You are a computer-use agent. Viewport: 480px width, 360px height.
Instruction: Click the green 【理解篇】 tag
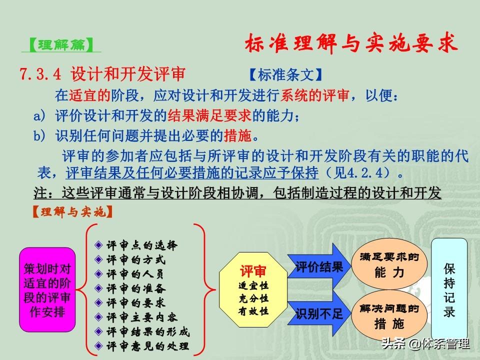(61, 45)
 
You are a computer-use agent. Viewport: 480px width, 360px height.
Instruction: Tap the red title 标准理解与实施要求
(351, 43)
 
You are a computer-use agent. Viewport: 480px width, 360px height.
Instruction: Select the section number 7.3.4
(40, 74)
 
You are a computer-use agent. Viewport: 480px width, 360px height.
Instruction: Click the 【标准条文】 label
(285, 74)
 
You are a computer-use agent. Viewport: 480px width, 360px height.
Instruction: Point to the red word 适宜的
(89, 95)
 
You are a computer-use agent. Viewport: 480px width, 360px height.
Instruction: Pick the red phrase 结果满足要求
(209, 115)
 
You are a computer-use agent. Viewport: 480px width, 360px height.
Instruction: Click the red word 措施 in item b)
(237, 135)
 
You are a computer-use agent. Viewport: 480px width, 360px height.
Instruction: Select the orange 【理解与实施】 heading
(72, 212)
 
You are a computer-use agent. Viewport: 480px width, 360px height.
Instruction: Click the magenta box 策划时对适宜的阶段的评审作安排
(47, 290)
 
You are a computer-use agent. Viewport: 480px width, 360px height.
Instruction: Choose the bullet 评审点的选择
(136, 245)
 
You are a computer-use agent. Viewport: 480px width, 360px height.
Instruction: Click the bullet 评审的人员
(129, 274)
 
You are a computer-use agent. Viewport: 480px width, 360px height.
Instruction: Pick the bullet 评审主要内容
(136, 317)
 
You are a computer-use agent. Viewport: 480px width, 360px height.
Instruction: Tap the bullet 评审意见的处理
(142, 346)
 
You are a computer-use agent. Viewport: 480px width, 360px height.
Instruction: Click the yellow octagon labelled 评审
(253, 290)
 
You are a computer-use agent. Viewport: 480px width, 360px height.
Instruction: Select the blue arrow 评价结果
(319, 266)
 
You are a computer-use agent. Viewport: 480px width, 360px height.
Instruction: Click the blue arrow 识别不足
(319, 313)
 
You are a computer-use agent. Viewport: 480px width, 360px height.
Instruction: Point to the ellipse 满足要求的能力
(389, 264)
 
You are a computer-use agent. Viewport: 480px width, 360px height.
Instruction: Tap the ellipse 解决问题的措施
(389, 316)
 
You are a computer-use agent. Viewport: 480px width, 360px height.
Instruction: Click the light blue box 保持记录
(449, 289)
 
